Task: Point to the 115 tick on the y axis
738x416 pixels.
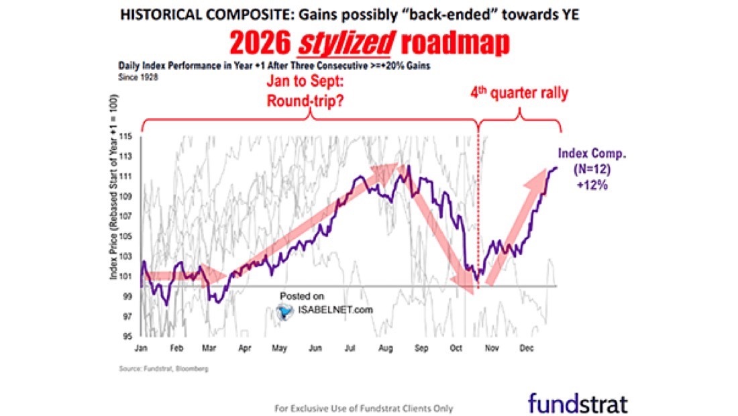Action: pyautogui.click(x=127, y=137)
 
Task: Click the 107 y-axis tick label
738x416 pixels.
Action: pyautogui.click(x=127, y=216)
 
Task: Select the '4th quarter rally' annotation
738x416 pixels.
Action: pyautogui.click(x=520, y=93)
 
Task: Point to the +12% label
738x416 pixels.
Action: pyautogui.click(x=591, y=185)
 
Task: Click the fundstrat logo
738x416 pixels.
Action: pyautogui.click(x=578, y=403)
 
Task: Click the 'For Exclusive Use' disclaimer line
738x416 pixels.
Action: pyautogui.click(x=364, y=408)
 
